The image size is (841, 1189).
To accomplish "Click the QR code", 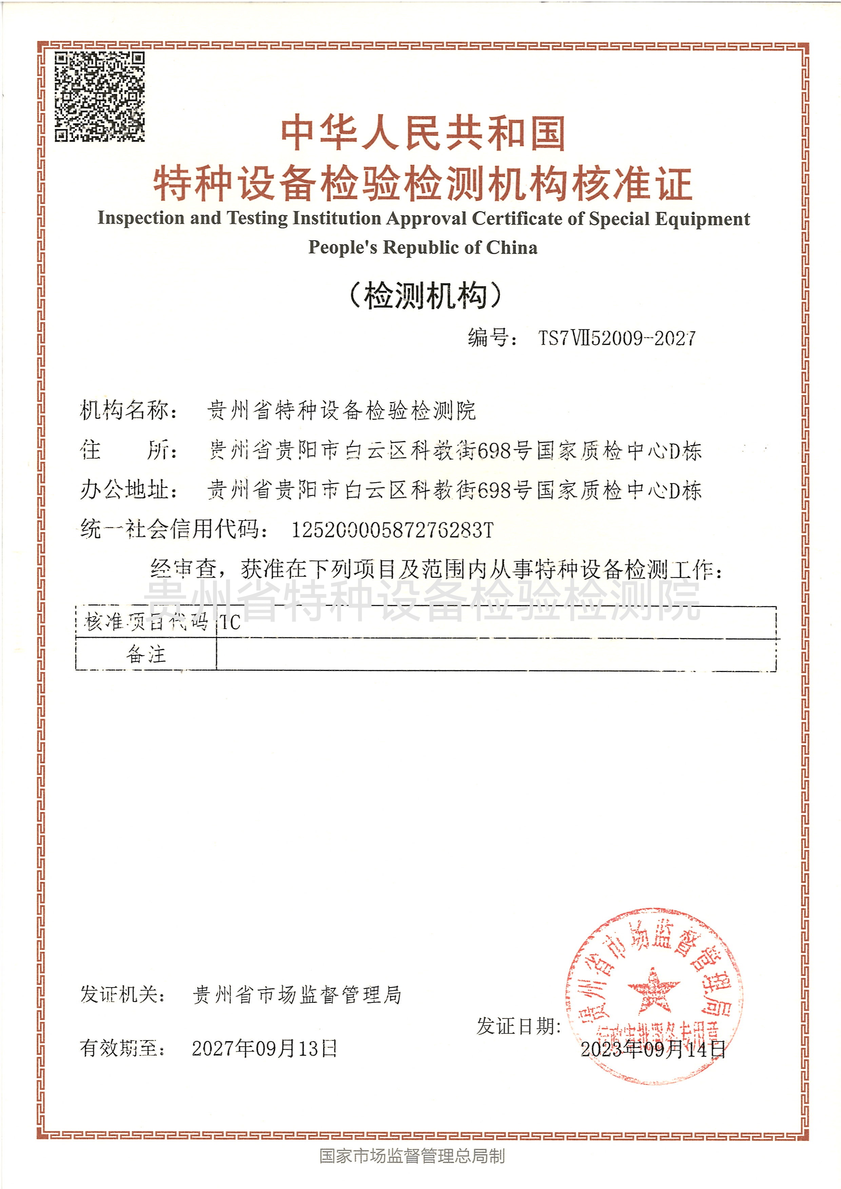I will (99, 97).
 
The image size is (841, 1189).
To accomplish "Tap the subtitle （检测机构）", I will (425, 296).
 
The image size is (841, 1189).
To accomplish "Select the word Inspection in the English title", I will (141, 218).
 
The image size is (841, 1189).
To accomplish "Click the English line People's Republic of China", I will (423, 247).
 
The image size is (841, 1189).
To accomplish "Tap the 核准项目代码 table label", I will (146, 622).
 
